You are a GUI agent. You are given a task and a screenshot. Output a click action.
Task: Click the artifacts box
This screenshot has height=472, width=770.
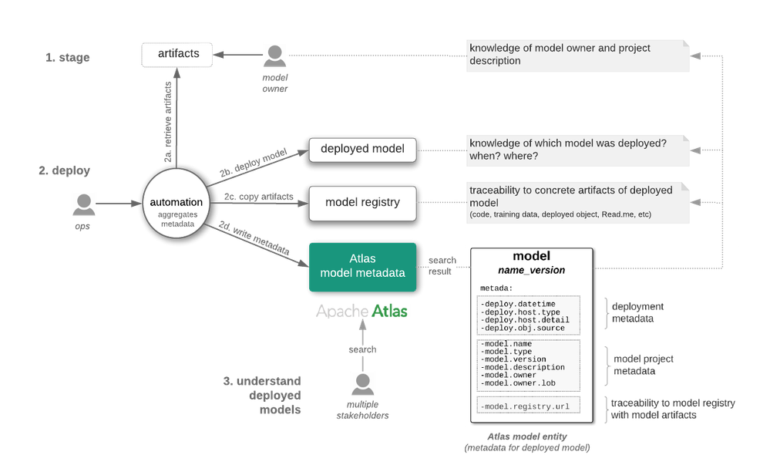pyautogui.click(x=179, y=54)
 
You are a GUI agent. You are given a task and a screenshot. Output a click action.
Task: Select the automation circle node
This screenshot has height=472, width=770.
pyautogui.click(x=177, y=205)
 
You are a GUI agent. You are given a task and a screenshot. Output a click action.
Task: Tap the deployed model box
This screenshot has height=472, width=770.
pyautogui.click(x=362, y=149)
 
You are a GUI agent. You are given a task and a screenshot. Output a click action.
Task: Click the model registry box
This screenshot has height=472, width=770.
pyautogui.click(x=362, y=203)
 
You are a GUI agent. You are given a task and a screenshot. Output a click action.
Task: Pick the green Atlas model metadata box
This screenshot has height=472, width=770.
pyautogui.click(x=362, y=267)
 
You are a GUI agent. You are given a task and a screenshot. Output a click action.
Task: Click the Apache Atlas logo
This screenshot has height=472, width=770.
pyautogui.click(x=362, y=311)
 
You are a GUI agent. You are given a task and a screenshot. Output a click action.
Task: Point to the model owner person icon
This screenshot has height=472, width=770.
pyautogui.click(x=275, y=56)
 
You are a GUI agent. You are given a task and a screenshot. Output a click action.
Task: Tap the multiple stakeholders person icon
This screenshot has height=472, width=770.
pyautogui.click(x=362, y=383)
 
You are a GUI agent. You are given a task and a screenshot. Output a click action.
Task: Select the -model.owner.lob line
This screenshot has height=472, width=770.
pyautogui.click(x=517, y=383)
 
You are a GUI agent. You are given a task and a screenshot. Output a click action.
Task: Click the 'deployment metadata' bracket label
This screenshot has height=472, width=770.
pyautogui.click(x=637, y=312)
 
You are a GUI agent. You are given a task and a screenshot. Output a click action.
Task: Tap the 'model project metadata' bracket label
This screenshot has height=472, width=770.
pyautogui.click(x=644, y=365)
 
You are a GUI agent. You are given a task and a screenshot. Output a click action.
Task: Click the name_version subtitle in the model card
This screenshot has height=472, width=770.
pyautogui.click(x=531, y=270)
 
